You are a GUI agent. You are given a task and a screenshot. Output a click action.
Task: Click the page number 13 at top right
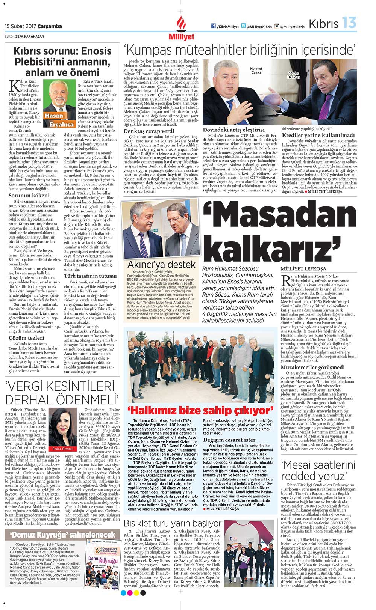(x=349, y=23)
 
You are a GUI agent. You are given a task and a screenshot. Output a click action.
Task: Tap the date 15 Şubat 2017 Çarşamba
(x=33, y=26)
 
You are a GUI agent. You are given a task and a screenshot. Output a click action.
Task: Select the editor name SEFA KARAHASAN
(x=30, y=37)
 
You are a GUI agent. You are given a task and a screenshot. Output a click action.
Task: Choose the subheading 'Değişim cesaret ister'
(x=229, y=440)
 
